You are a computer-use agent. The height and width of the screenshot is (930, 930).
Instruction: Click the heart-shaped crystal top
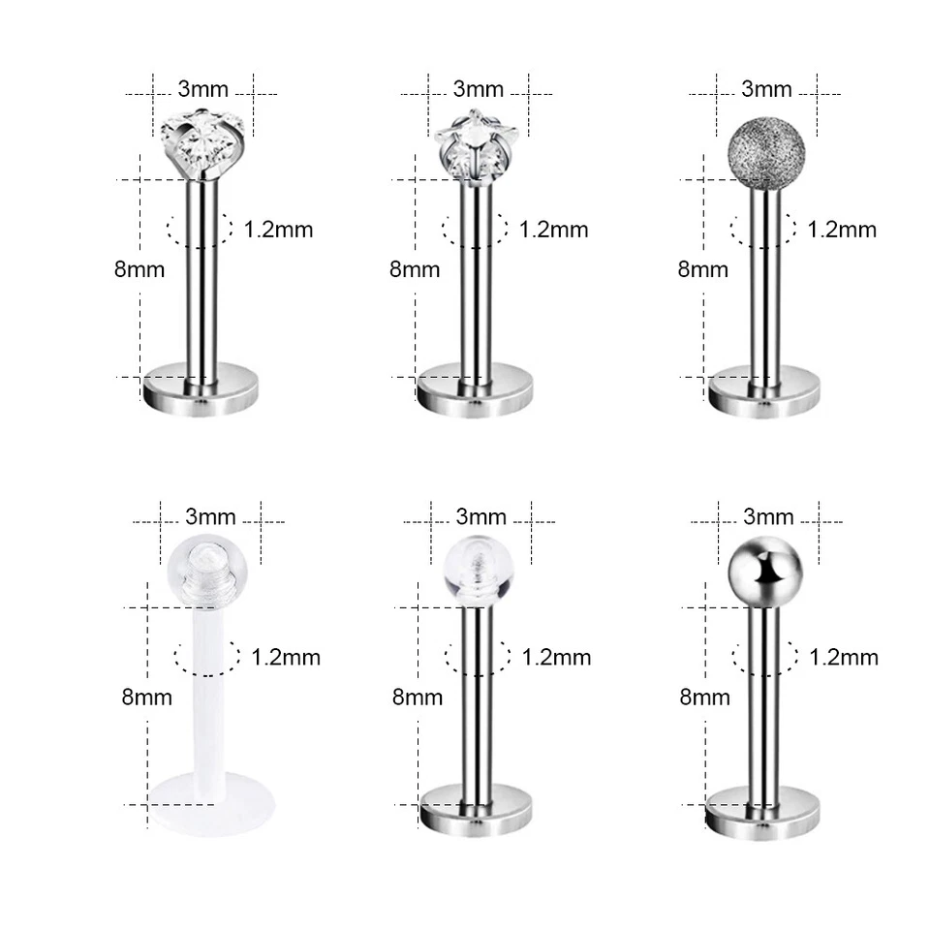[202, 144]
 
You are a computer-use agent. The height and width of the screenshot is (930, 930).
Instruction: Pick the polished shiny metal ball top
[764, 573]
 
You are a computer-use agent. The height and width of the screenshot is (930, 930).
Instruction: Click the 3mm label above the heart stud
[203, 90]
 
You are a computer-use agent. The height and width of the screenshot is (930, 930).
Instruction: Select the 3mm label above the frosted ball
[766, 90]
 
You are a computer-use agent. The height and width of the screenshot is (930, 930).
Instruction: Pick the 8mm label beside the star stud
[415, 269]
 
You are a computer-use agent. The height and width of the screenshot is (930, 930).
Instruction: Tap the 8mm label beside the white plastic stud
[147, 696]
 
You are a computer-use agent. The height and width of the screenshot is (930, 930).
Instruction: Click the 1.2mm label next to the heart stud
[279, 230]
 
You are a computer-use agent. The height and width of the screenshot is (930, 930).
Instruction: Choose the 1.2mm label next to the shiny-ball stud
[843, 658]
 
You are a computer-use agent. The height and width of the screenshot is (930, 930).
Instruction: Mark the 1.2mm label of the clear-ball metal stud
[556, 658]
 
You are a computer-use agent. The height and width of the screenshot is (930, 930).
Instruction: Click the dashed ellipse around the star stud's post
[475, 230]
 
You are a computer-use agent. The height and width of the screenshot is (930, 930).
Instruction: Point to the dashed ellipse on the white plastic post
[206, 657]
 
